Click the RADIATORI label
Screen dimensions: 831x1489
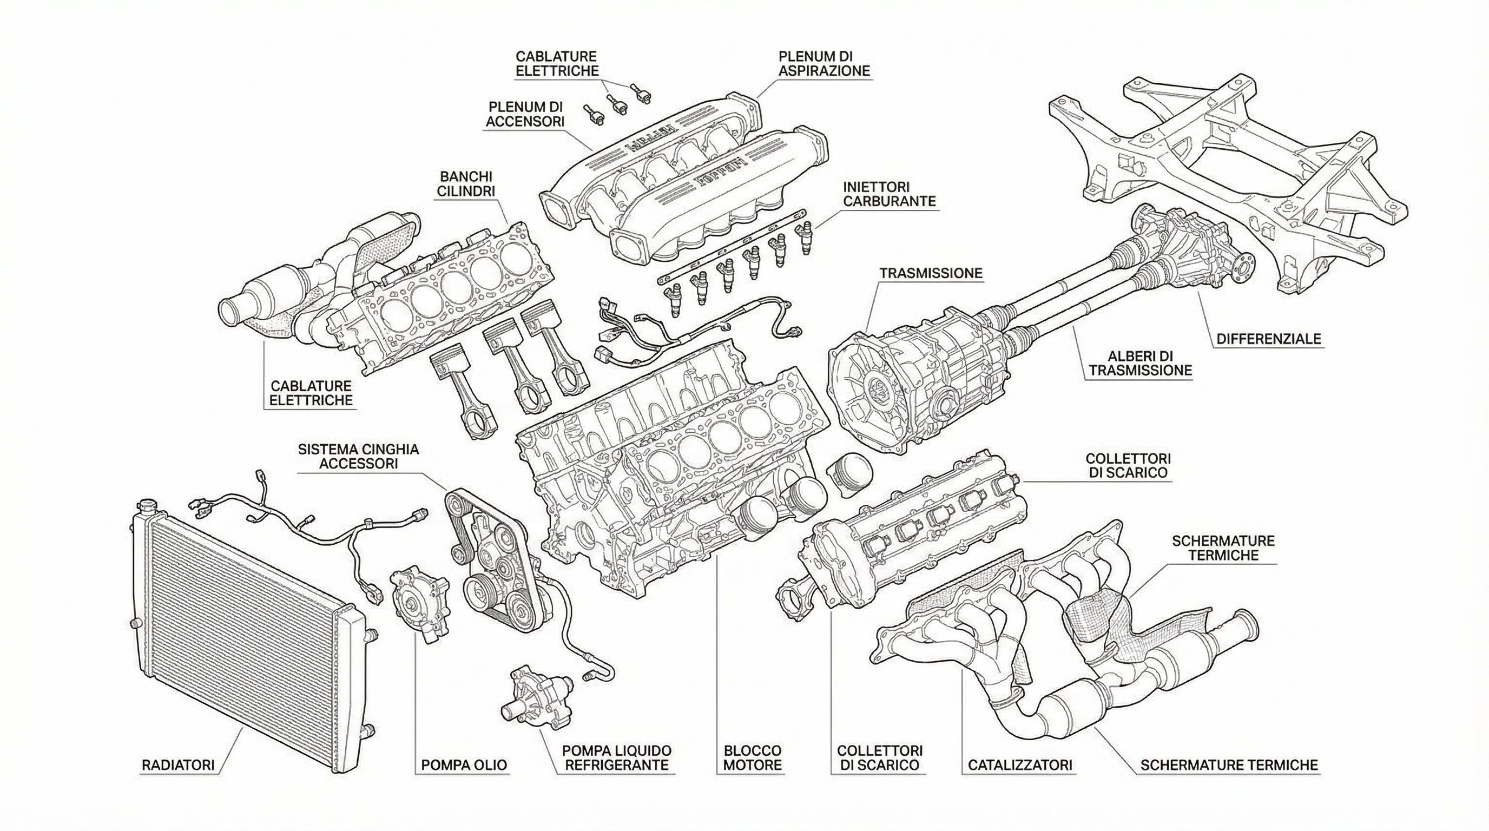tap(178, 765)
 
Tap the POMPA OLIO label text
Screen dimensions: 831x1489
tap(464, 765)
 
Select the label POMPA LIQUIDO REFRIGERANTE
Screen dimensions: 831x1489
tap(617, 757)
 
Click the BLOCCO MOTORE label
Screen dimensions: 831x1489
tap(753, 757)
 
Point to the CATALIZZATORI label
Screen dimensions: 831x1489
tap(1020, 765)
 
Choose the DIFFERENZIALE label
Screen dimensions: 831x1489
tap(1269, 338)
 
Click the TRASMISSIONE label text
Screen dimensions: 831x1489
tap(931, 273)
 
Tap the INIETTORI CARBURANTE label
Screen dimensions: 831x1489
tap(889, 194)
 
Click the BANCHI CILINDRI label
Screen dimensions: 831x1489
tap(466, 183)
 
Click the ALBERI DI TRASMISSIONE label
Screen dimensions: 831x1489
tap(1140, 363)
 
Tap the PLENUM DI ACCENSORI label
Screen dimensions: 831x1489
tap(525, 114)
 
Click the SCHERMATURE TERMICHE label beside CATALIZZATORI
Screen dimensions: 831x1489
tap(1229, 765)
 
